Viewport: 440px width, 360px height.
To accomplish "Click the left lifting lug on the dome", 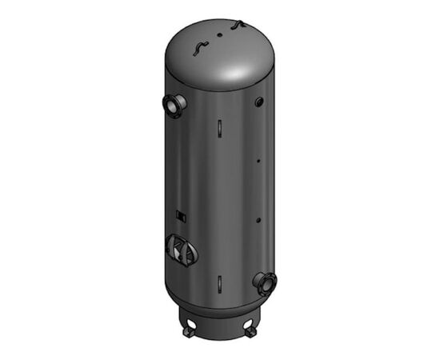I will (197, 50).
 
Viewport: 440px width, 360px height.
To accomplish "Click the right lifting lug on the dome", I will (237, 27).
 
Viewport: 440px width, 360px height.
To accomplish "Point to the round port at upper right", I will (259, 102).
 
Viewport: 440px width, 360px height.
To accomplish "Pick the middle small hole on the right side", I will (258, 162).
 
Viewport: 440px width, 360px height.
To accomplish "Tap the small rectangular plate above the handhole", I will (182, 216).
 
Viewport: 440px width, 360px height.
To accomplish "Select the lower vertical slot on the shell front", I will (217, 282).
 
